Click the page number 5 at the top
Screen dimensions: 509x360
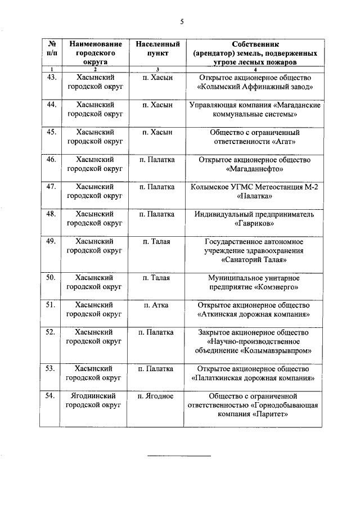(x=182, y=22)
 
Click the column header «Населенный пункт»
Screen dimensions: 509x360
(x=158, y=48)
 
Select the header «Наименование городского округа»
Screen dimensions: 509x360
(x=94, y=52)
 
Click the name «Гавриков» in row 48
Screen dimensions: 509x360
(x=255, y=224)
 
